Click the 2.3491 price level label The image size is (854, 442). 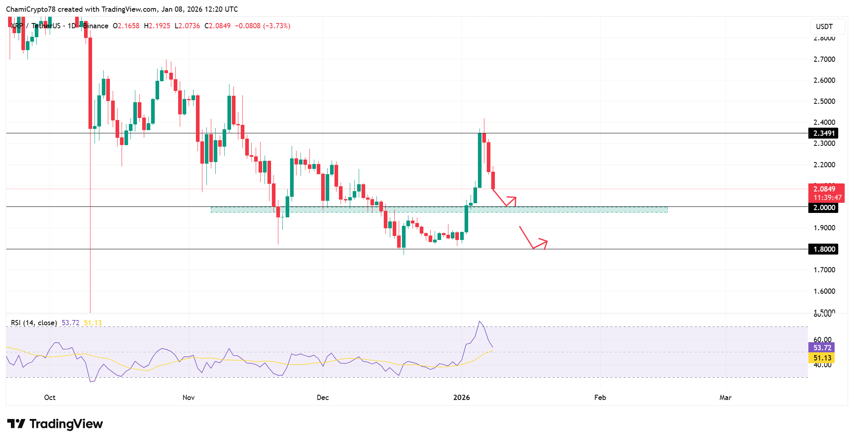(x=823, y=133)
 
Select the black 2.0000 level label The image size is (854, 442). (x=823, y=208)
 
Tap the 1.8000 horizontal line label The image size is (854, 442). (x=823, y=249)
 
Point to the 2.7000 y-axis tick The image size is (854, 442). (x=824, y=59)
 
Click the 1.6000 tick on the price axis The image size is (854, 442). (x=824, y=291)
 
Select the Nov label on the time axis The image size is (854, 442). (x=189, y=398)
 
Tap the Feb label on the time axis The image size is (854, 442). (x=600, y=398)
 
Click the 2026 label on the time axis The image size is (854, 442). (x=461, y=398)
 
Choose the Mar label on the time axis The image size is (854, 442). (x=725, y=398)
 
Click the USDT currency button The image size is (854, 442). (x=824, y=27)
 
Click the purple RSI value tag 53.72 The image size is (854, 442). (x=822, y=348)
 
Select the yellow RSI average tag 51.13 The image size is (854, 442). (x=822, y=358)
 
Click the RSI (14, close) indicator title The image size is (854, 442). (x=34, y=323)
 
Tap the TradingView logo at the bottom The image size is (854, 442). (x=55, y=424)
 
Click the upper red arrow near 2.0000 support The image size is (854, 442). (x=505, y=199)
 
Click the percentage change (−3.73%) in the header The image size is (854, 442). (x=277, y=26)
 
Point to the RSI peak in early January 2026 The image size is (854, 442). (x=480, y=322)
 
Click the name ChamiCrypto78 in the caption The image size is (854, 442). (x=31, y=9)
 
